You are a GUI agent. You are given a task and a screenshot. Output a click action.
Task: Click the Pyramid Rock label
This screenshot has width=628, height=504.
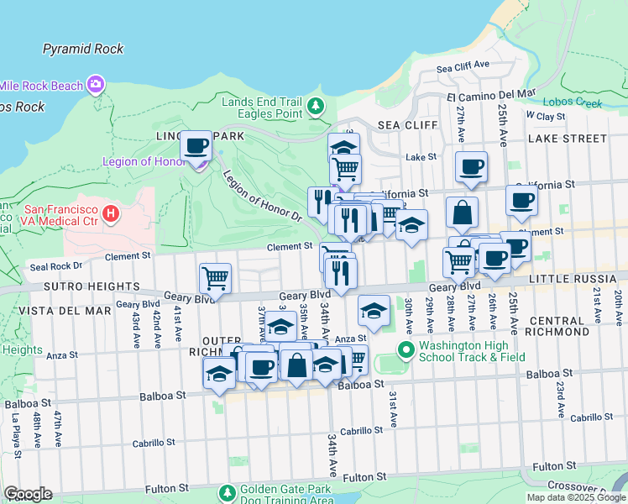(x=83, y=49)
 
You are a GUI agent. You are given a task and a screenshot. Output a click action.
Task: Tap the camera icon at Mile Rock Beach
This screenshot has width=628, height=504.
(x=96, y=85)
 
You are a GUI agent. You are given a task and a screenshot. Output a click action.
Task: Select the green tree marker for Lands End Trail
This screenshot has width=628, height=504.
(x=316, y=107)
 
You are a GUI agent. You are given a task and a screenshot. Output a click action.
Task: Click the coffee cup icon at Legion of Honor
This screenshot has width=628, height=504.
(x=196, y=146)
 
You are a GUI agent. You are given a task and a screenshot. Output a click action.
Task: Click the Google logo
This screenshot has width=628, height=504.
(x=28, y=494)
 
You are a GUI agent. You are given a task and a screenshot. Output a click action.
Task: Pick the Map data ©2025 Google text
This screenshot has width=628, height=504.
(x=575, y=497)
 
